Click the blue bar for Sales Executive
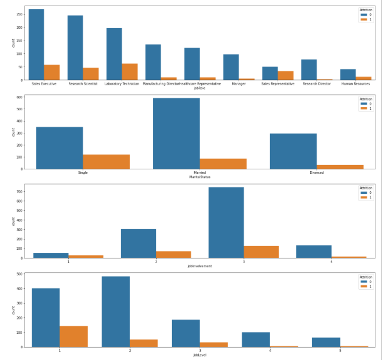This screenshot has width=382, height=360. [x=36, y=45]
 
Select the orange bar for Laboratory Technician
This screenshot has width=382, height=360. [x=122, y=72]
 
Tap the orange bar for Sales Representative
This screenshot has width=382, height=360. [x=285, y=75]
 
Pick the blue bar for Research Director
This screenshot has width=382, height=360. [x=309, y=70]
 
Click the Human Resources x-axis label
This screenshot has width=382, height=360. [x=355, y=84]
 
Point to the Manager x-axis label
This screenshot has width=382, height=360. [x=238, y=84]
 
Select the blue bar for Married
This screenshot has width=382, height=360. [x=176, y=133]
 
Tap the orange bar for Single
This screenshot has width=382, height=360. [x=106, y=162]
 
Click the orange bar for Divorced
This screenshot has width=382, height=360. [x=340, y=167]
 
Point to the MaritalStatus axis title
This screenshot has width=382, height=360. [x=199, y=177]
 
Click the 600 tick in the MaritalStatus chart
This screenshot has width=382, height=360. [x=18, y=97]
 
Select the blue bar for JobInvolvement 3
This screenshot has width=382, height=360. [x=226, y=223]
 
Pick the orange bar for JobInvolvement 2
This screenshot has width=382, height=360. [x=173, y=254]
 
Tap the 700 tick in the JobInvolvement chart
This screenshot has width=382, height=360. [x=18, y=192]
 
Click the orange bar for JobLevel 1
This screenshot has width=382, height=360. [x=73, y=336]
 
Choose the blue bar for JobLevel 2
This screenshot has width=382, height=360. [x=116, y=312]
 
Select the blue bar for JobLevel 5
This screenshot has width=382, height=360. [x=326, y=342]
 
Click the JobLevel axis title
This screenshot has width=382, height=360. [x=199, y=355]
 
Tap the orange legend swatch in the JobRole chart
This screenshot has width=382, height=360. [x=363, y=19]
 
